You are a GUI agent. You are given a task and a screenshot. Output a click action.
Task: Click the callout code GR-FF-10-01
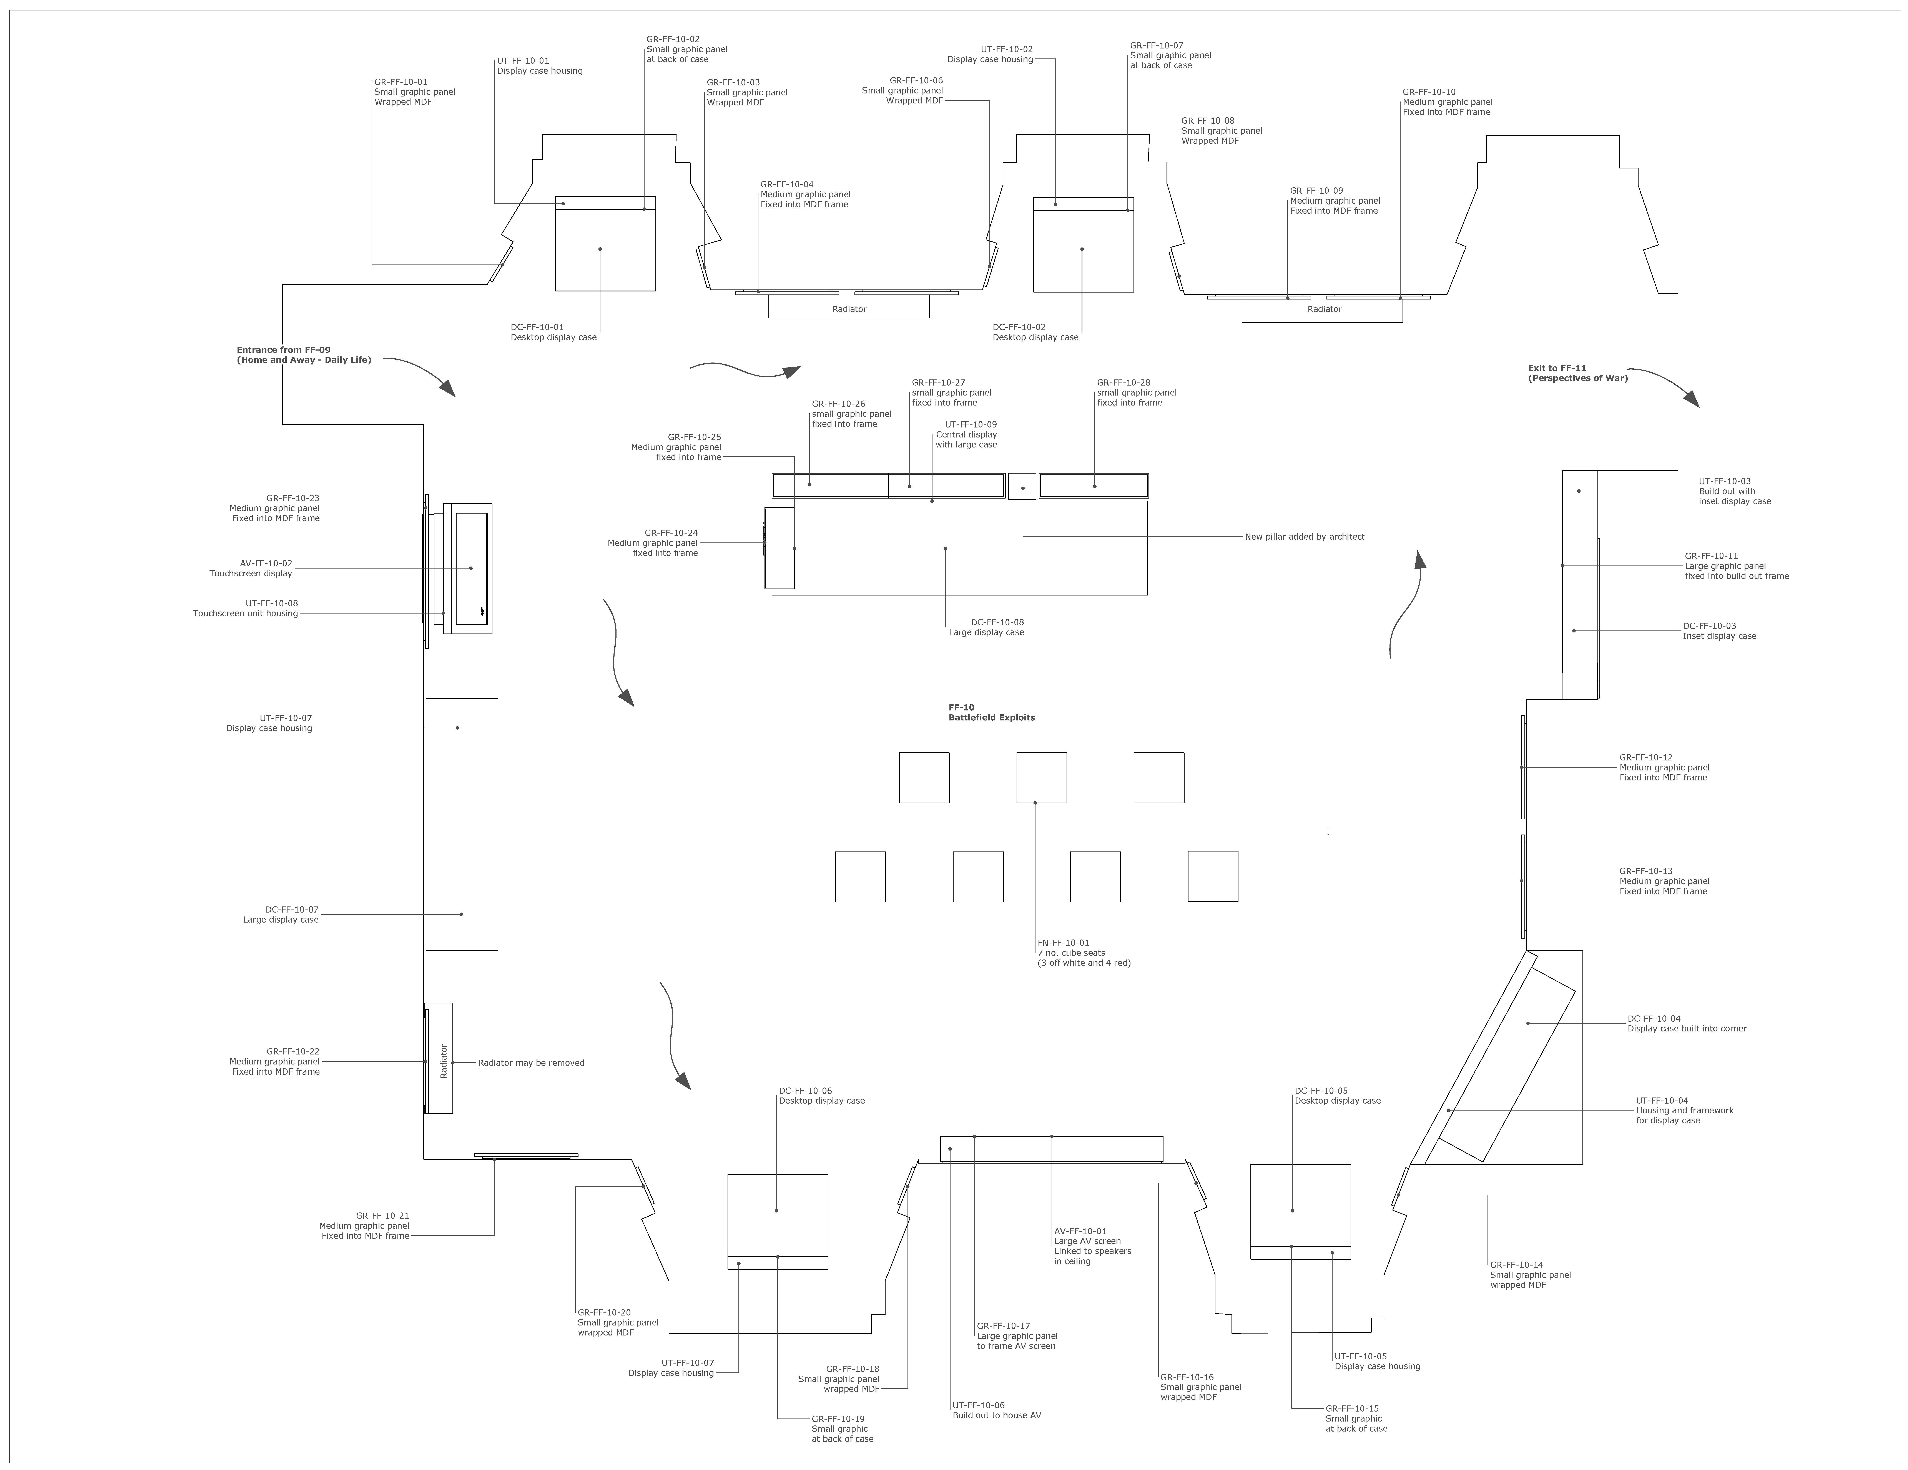click(401, 82)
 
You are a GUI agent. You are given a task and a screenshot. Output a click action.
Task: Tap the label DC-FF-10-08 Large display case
click(986, 627)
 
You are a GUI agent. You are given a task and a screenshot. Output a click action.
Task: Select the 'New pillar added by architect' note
click(1304, 536)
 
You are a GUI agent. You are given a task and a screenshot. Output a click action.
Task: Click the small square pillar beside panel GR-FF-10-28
click(1022, 487)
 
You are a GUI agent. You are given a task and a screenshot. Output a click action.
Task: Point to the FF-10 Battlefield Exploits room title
click(992, 713)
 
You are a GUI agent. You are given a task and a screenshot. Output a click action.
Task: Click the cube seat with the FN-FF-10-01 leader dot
click(1041, 777)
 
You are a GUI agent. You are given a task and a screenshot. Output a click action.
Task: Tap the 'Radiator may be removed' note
click(531, 1063)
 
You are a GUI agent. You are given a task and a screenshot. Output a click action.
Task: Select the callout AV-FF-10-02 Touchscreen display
click(251, 569)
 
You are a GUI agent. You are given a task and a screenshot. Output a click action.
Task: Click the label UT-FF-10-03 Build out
click(1735, 491)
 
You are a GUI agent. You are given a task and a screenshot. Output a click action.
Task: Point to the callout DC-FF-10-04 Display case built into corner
click(1687, 1024)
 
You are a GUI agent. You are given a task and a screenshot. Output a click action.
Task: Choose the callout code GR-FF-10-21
click(383, 1216)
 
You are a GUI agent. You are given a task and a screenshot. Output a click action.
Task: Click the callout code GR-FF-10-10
click(1429, 92)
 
